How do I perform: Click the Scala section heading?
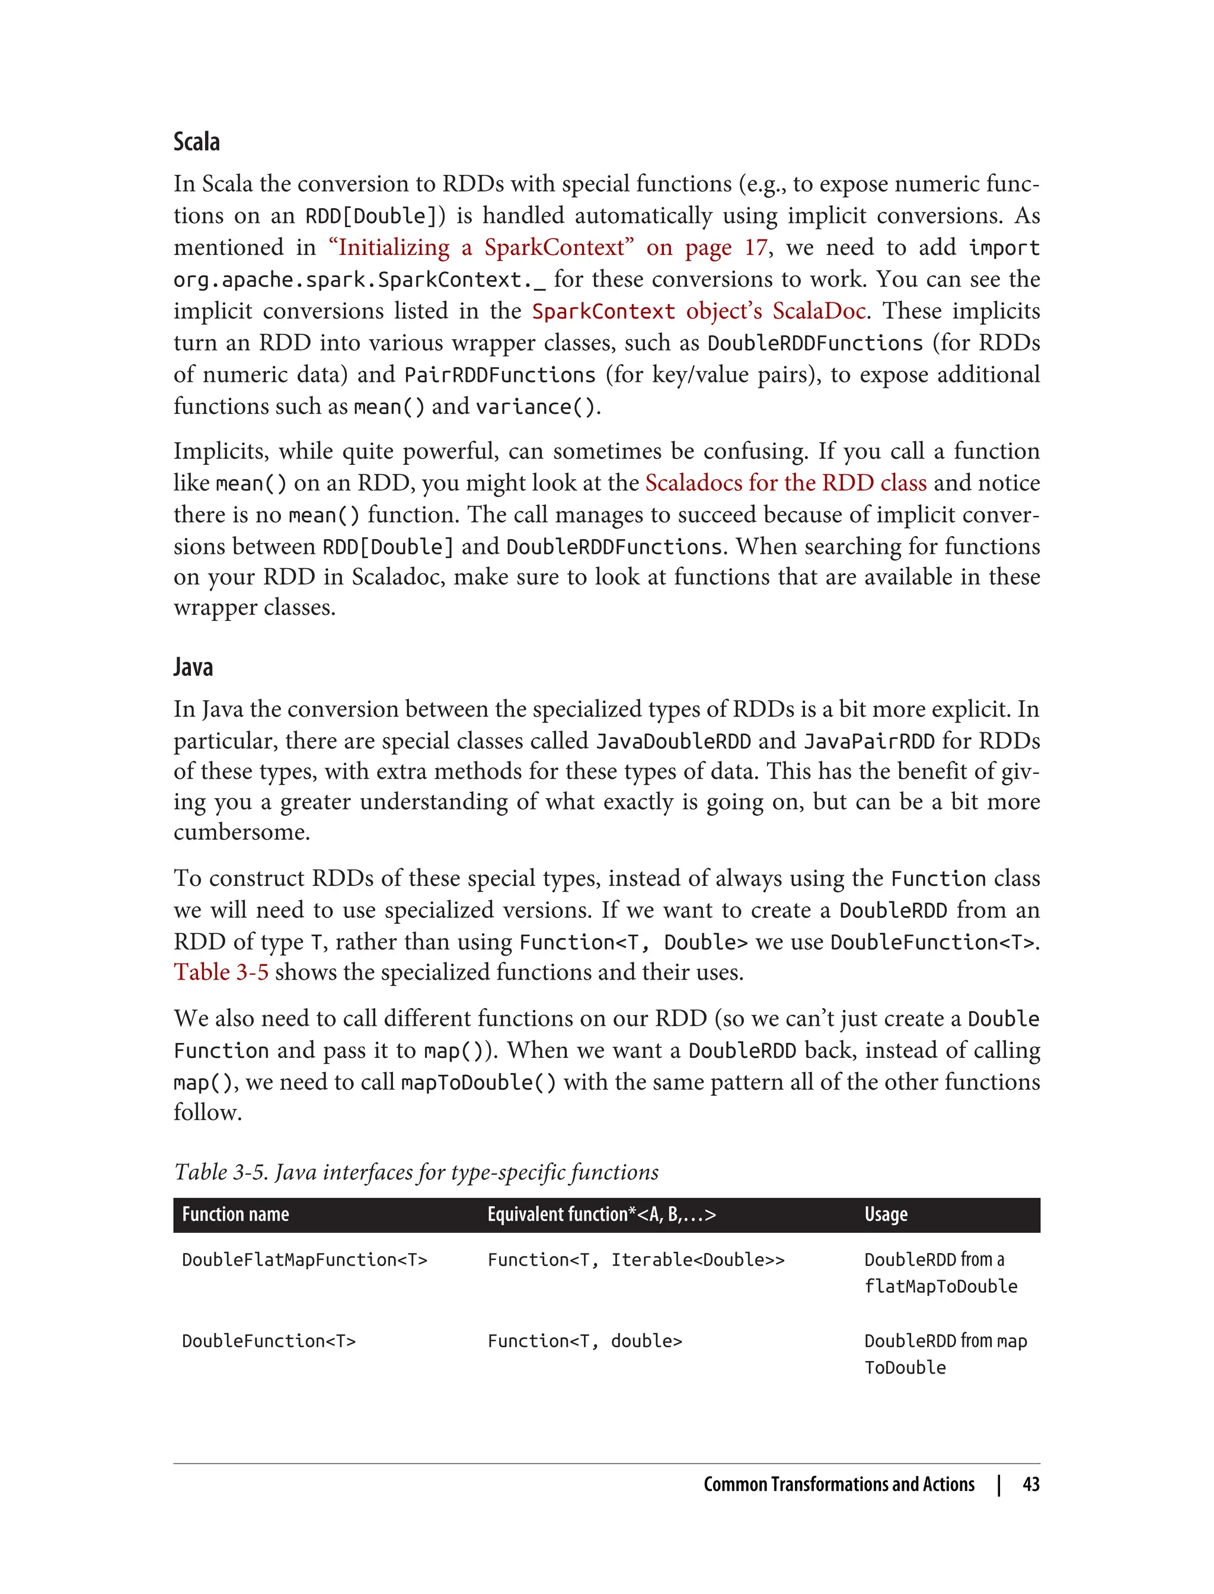(197, 142)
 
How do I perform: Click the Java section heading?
(193, 667)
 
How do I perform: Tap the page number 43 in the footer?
(1030, 1485)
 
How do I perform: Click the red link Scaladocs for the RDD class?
(785, 483)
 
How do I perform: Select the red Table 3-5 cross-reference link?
(221, 973)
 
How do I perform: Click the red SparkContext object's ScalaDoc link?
(698, 311)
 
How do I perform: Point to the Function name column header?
(235, 1214)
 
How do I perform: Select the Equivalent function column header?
(601, 1214)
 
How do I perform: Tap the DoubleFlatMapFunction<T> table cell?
(304, 1260)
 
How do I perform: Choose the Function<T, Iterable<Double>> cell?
(635, 1260)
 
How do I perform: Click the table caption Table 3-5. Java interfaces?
(416, 1172)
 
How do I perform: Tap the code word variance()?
(535, 407)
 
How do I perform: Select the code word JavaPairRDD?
(870, 741)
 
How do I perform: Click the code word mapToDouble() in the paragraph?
(478, 1082)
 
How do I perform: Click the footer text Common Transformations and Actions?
(838, 1485)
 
